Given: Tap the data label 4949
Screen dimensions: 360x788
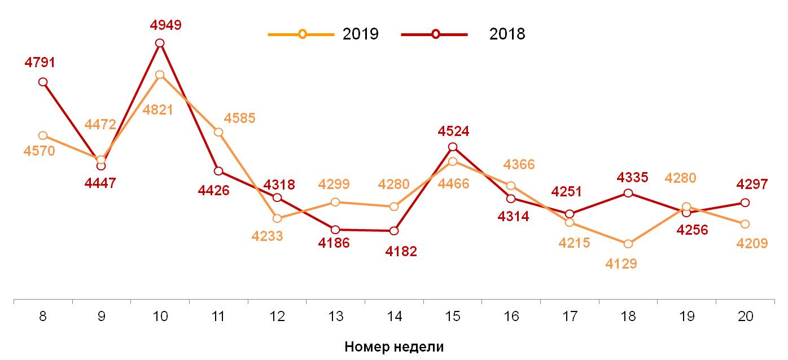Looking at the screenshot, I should [x=165, y=25].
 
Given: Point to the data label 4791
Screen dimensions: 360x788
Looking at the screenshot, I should [x=40, y=63].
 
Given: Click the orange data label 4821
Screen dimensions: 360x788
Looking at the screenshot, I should [x=157, y=110].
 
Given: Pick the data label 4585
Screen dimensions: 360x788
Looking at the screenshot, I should [x=239, y=118].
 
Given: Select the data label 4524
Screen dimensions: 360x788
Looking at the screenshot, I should [x=453, y=131].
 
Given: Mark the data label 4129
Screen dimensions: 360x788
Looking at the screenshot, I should [x=621, y=264].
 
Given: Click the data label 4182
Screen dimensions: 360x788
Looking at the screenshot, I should [x=401, y=252].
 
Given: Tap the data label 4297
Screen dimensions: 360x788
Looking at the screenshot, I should [x=752, y=185].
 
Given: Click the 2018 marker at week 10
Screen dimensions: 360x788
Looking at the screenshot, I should [x=160, y=43].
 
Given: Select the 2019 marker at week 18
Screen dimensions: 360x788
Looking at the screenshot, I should [x=628, y=244].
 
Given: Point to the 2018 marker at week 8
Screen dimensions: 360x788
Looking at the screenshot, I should [x=43, y=82].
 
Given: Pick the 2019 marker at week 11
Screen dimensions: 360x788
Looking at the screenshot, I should [x=218, y=132].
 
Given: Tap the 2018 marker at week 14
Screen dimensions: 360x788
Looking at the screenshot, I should [x=394, y=231].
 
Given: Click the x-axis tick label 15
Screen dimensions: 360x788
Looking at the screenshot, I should [x=453, y=317].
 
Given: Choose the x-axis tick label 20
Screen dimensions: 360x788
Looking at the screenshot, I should [x=745, y=317].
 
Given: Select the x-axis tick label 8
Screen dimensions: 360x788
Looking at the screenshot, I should [x=43, y=317].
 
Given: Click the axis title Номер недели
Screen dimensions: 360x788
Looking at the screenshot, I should [x=394, y=346].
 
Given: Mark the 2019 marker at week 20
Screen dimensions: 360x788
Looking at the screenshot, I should [x=745, y=224].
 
